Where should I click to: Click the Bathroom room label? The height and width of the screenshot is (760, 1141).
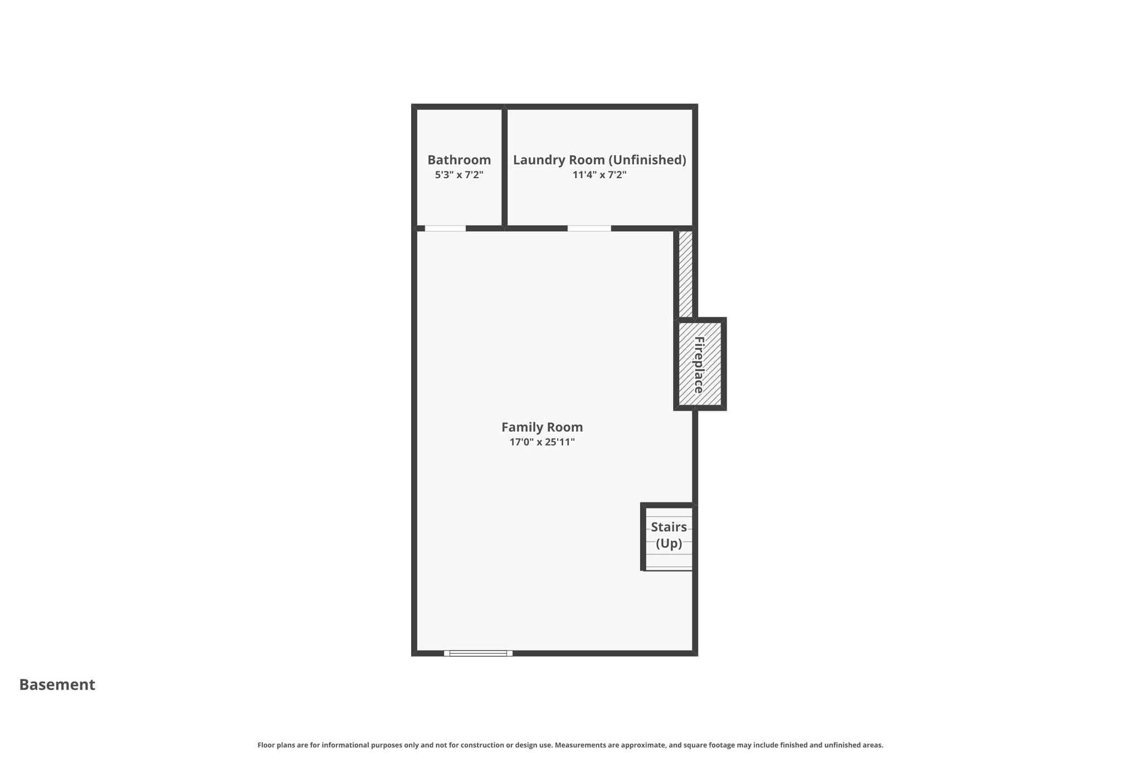point(459,160)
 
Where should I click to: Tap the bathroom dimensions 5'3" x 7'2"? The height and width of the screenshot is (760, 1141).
point(459,175)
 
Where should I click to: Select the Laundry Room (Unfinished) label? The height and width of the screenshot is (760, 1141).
point(599,160)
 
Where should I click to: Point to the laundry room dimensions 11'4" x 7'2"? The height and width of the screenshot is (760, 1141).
point(599,175)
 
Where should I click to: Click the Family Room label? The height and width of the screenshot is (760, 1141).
point(542,427)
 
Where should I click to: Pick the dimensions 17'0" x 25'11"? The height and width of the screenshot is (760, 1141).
point(542,442)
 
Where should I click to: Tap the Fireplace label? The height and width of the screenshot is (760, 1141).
point(699,365)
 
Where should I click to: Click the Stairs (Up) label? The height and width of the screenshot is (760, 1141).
point(669,535)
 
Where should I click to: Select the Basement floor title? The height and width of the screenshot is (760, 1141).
point(57,684)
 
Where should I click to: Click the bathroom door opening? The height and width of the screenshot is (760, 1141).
point(445,228)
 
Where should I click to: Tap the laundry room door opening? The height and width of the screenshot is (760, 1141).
point(589,228)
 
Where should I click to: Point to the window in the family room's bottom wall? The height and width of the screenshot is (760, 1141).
point(478,653)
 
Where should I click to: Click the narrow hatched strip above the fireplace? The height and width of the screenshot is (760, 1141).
point(686,274)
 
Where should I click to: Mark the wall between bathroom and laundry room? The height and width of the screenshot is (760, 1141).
point(504,167)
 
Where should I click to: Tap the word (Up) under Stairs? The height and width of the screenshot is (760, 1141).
point(669,543)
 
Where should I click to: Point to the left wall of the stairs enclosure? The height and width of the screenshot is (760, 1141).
point(643,537)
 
